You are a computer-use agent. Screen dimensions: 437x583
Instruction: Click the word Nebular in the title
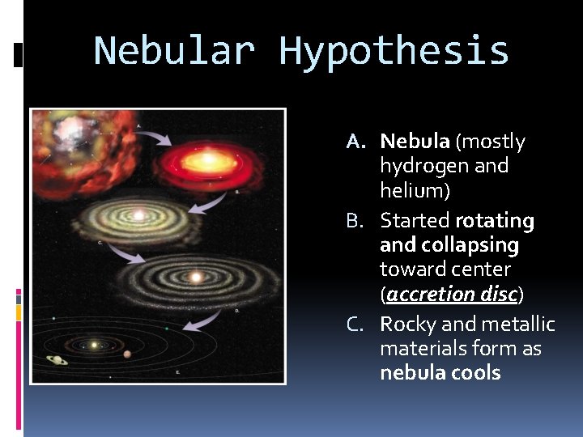[x=175, y=50]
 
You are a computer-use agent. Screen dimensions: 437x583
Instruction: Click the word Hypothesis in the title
[x=394, y=50]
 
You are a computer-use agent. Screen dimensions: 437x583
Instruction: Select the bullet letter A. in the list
[x=358, y=142]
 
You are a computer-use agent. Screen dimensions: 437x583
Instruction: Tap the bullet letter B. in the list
[x=358, y=221]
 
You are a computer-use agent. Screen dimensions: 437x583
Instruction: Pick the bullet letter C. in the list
[x=358, y=325]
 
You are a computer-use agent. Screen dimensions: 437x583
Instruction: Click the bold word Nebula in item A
[x=415, y=142]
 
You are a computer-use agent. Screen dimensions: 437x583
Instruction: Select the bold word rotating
[x=495, y=221]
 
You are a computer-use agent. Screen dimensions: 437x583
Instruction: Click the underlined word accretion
[x=429, y=295]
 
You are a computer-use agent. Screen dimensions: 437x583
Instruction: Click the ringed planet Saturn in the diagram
[x=57, y=360]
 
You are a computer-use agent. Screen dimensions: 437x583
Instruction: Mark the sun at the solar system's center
[x=94, y=345]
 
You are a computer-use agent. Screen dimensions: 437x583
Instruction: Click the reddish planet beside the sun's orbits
[x=126, y=354]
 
